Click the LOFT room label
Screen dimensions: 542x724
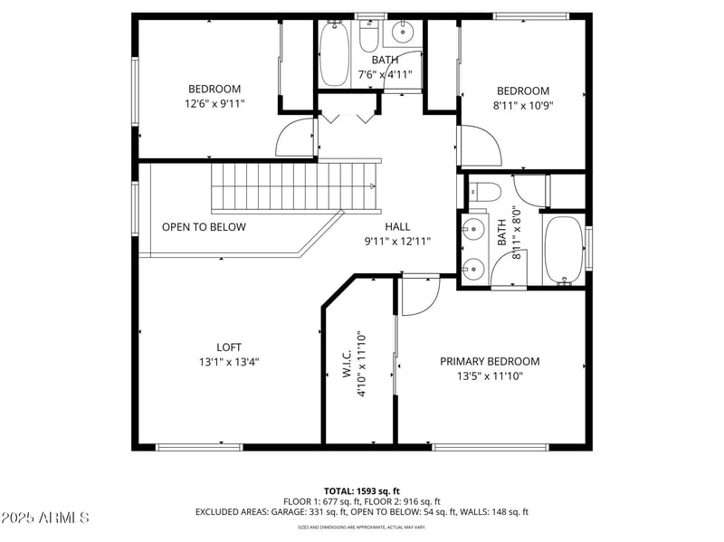tap(229, 347)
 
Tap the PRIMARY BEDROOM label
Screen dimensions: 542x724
tap(490, 361)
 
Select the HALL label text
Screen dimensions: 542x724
tap(397, 227)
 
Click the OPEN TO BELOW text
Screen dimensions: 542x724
tap(204, 227)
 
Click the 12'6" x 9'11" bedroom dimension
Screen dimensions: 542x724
tap(214, 103)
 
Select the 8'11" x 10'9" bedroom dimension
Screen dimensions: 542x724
tap(523, 105)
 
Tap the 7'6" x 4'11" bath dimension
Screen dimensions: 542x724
tap(385, 74)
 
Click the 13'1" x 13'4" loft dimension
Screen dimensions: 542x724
tap(229, 361)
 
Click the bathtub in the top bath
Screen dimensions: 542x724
tap(334, 55)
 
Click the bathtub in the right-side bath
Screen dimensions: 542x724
tap(564, 247)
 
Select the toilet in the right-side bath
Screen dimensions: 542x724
tap(484, 191)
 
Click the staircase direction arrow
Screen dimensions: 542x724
tap(371, 186)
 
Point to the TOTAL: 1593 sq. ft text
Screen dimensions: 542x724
tap(362, 490)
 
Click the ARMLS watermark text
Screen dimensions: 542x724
tap(45, 518)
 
